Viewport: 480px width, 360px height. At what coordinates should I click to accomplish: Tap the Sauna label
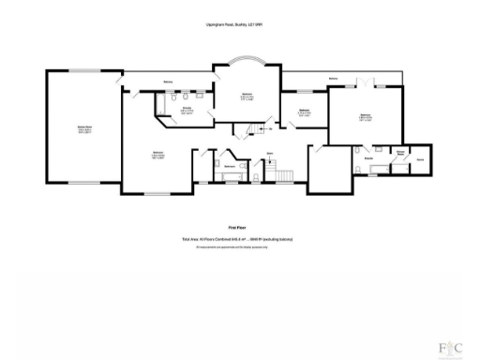tap(419, 160)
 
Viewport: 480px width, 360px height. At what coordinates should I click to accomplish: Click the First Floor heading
tap(238, 227)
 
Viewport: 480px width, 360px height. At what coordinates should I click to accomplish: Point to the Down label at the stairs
tap(270, 152)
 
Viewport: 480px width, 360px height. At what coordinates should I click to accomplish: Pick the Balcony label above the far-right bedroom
tap(334, 78)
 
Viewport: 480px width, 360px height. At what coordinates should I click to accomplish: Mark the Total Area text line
tap(238, 239)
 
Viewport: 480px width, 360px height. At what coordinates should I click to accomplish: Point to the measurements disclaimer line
tap(238, 247)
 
